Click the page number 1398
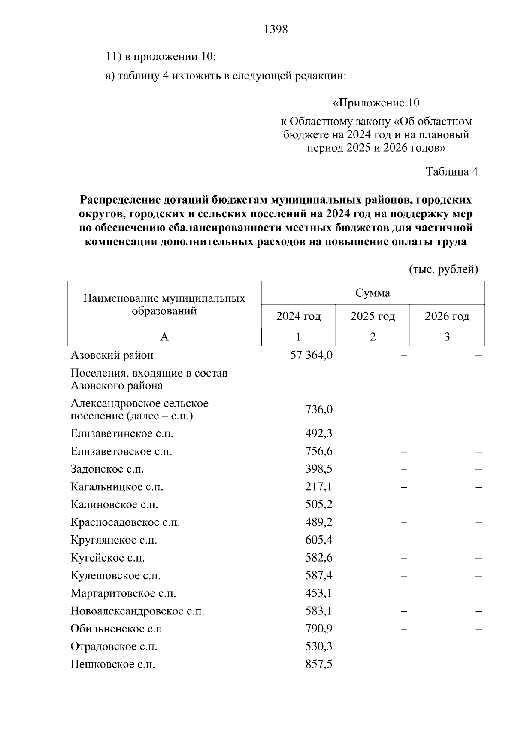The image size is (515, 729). coord(276,30)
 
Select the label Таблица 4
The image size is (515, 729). coord(451,172)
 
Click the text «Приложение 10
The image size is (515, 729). coord(376,103)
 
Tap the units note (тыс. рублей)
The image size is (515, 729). coord(443,269)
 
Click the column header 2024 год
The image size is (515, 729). coord(298,316)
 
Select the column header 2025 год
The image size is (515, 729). coord(373,316)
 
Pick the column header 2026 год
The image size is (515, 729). coord(447,316)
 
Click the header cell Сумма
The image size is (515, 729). coord(373,293)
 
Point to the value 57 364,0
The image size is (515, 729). coord(312,355)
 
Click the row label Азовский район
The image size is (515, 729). coord(112,355)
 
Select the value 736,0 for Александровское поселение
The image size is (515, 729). coord(319,410)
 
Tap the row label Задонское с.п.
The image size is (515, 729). coord(107,469)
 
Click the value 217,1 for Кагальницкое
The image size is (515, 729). coord(319,487)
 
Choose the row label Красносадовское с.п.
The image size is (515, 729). coord(125,522)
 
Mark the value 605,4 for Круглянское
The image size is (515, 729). coord(319,540)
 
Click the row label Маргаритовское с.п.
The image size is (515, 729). coord(124,593)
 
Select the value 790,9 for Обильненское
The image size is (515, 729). coord(319,629)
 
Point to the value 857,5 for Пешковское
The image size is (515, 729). coord(319,665)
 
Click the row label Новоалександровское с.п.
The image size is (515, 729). coord(137,611)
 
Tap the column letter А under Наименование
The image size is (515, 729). coord(164,337)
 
